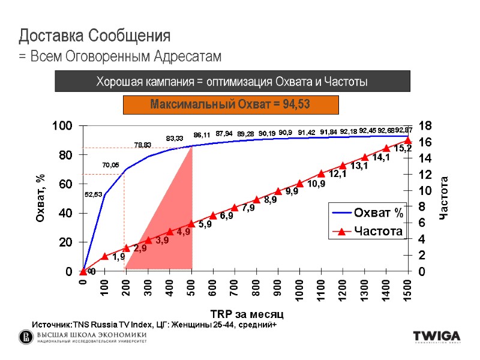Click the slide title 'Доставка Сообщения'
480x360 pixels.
tap(95, 35)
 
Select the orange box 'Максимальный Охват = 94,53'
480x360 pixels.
tap(230, 104)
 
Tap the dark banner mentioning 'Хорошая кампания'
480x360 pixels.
tap(232, 81)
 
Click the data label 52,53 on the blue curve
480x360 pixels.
tap(93, 194)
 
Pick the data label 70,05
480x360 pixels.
tap(110, 165)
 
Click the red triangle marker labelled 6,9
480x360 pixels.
tap(213, 215)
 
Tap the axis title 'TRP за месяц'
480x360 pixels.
tap(247, 314)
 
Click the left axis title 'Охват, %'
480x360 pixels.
tap(41, 199)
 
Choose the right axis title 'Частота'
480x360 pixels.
tap(444, 198)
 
